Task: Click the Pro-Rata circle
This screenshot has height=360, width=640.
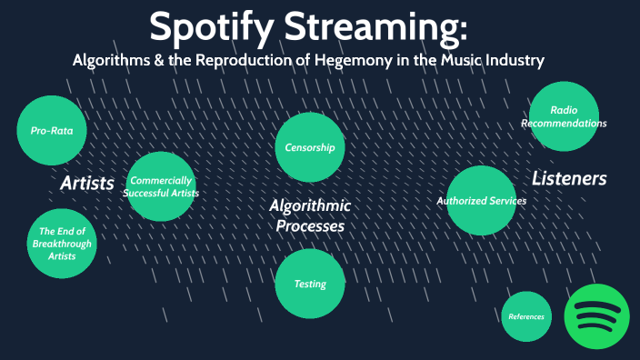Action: pyautogui.click(x=52, y=130)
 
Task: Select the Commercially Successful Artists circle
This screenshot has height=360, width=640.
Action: pyautogui.click(x=162, y=186)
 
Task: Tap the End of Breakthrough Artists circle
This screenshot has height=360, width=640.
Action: pyautogui.click(x=62, y=244)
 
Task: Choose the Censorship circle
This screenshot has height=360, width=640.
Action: pyautogui.click(x=310, y=147)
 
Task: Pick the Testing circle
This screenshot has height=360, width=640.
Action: pyautogui.click(x=310, y=284)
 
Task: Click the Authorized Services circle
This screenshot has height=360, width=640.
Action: pyautogui.click(x=482, y=200)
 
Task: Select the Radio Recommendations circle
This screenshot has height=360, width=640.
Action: pyautogui.click(x=564, y=116)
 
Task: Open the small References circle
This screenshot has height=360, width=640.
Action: pyautogui.click(x=526, y=316)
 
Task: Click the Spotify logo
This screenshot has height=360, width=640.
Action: pyautogui.click(x=597, y=315)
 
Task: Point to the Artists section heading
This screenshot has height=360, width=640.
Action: pyautogui.click(x=87, y=184)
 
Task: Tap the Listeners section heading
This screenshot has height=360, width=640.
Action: pyautogui.click(x=569, y=178)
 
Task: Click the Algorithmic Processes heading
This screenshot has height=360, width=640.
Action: pyautogui.click(x=310, y=216)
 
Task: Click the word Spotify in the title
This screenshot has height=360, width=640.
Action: pyautogui.click(x=211, y=27)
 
